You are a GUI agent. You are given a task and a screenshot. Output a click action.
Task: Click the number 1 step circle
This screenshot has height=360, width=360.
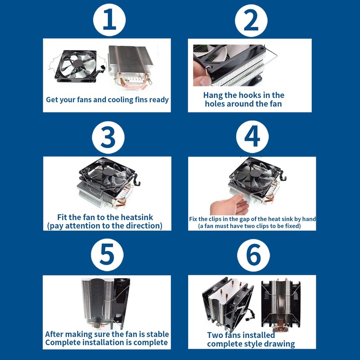(109, 20)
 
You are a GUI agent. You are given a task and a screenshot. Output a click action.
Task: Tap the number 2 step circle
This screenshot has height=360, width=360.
(251, 20)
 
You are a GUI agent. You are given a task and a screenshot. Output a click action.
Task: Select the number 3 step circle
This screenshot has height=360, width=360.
(108, 137)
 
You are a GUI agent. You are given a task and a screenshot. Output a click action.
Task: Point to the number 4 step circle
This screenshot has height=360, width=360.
(252, 137)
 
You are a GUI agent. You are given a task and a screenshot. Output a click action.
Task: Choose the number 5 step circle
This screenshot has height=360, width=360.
(107, 255)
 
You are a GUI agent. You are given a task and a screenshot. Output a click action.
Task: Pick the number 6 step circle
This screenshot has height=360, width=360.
(253, 255)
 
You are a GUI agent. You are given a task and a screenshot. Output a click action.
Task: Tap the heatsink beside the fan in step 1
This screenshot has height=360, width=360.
(130, 68)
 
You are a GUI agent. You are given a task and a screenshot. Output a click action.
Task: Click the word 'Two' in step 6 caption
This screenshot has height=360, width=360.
(215, 335)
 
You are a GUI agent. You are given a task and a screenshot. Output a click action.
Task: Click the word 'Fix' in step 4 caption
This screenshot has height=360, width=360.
(193, 219)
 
